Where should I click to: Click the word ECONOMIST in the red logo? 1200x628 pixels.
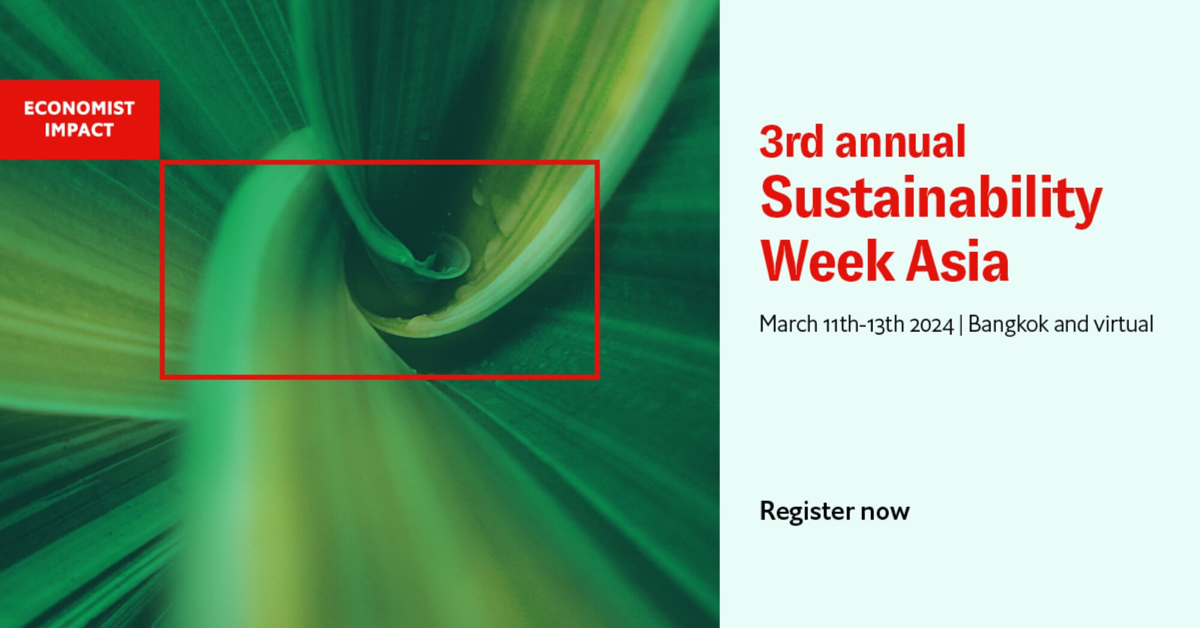click(79, 108)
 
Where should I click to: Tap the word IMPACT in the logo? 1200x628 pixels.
click(79, 130)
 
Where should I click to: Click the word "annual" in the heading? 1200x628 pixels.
click(900, 142)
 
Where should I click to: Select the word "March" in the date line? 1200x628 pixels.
click(788, 324)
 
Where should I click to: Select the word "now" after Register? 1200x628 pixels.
click(885, 512)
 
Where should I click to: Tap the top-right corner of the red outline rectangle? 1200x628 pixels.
click(598, 162)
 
